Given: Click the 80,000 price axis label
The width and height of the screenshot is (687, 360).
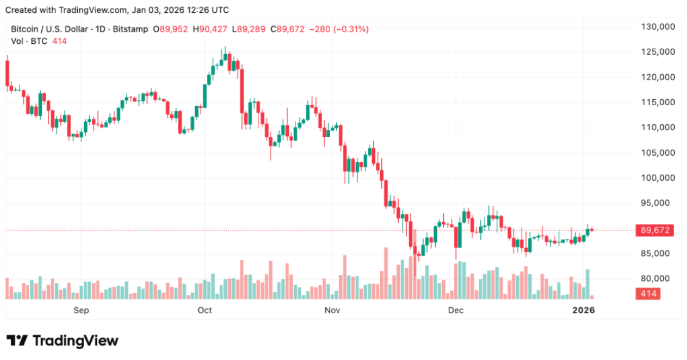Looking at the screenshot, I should coord(659,279).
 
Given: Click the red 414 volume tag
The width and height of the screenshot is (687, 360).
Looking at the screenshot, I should coord(647,294).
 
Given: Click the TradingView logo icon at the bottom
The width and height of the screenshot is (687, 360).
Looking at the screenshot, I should coord(18,341).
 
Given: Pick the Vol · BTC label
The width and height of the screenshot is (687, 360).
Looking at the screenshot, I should coord(30,41).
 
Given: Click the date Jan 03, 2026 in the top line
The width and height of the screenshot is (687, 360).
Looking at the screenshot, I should coord(158,10).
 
